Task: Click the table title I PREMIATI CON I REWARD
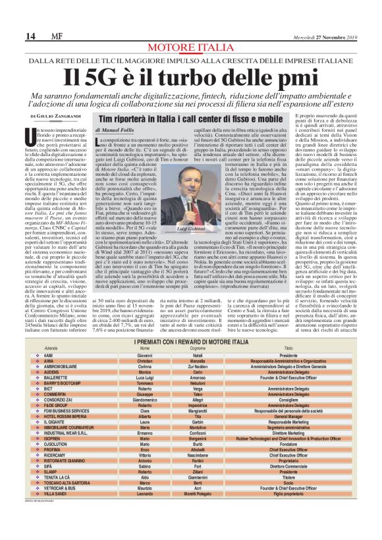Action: [x=191, y=340]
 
